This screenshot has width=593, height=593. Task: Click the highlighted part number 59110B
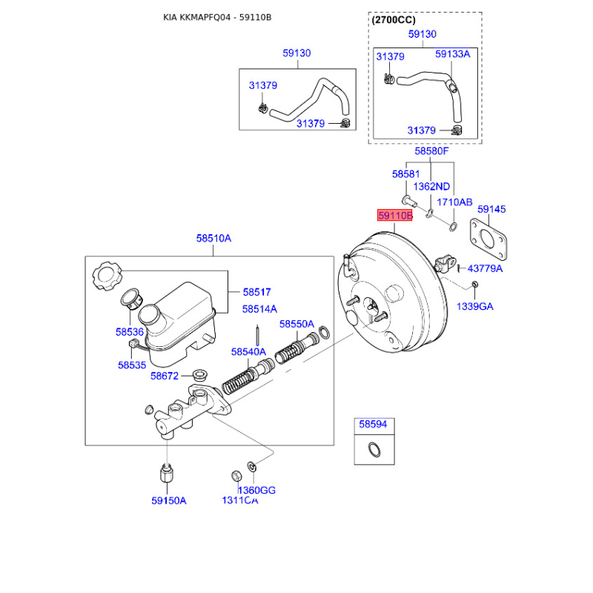[x=394, y=215]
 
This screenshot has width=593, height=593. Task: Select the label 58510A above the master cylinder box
[x=213, y=238]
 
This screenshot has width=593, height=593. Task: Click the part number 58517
[x=256, y=292]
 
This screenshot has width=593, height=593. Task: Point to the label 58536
[x=130, y=331]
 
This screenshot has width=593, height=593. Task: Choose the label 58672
[x=164, y=376]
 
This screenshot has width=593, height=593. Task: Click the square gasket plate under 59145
[x=488, y=239]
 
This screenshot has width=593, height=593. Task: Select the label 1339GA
[x=474, y=306]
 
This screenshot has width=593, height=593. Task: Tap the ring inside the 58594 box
[x=374, y=449]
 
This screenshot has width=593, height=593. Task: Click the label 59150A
[x=169, y=500]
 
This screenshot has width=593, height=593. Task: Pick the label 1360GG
[x=256, y=490]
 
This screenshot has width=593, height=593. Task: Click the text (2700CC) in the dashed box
[x=394, y=20]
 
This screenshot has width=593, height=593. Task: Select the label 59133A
[x=453, y=53]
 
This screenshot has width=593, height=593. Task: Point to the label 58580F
[x=431, y=151]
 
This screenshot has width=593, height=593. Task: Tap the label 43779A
[x=485, y=268]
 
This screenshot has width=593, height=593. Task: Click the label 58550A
[x=296, y=324]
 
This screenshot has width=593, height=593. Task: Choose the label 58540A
[x=248, y=351]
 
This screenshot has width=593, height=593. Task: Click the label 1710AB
[x=454, y=202]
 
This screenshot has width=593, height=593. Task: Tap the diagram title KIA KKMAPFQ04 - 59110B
[x=217, y=17]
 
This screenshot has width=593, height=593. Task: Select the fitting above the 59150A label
[x=166, y=473]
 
